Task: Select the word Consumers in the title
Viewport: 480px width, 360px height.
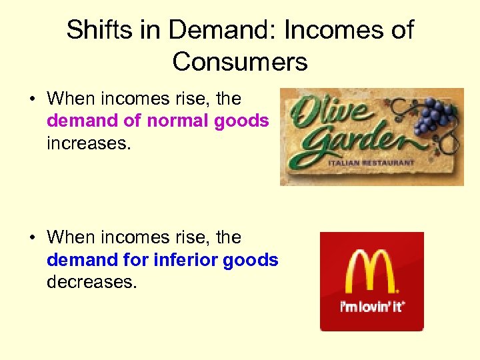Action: point(240,62)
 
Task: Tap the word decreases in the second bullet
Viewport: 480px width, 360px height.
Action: point(91,281)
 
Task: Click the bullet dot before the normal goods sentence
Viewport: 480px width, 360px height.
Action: point(32,99)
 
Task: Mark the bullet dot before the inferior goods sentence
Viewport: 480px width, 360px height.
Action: point(32,238)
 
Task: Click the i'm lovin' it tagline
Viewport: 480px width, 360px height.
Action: point(372,307)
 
